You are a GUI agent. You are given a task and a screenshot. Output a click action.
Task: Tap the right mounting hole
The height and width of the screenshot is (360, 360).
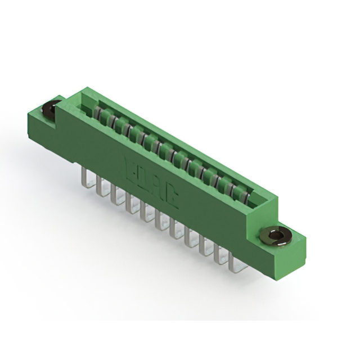[x=274, y=235]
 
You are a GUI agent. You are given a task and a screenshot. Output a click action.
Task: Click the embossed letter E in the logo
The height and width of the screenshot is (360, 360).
[x=129, y=167]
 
